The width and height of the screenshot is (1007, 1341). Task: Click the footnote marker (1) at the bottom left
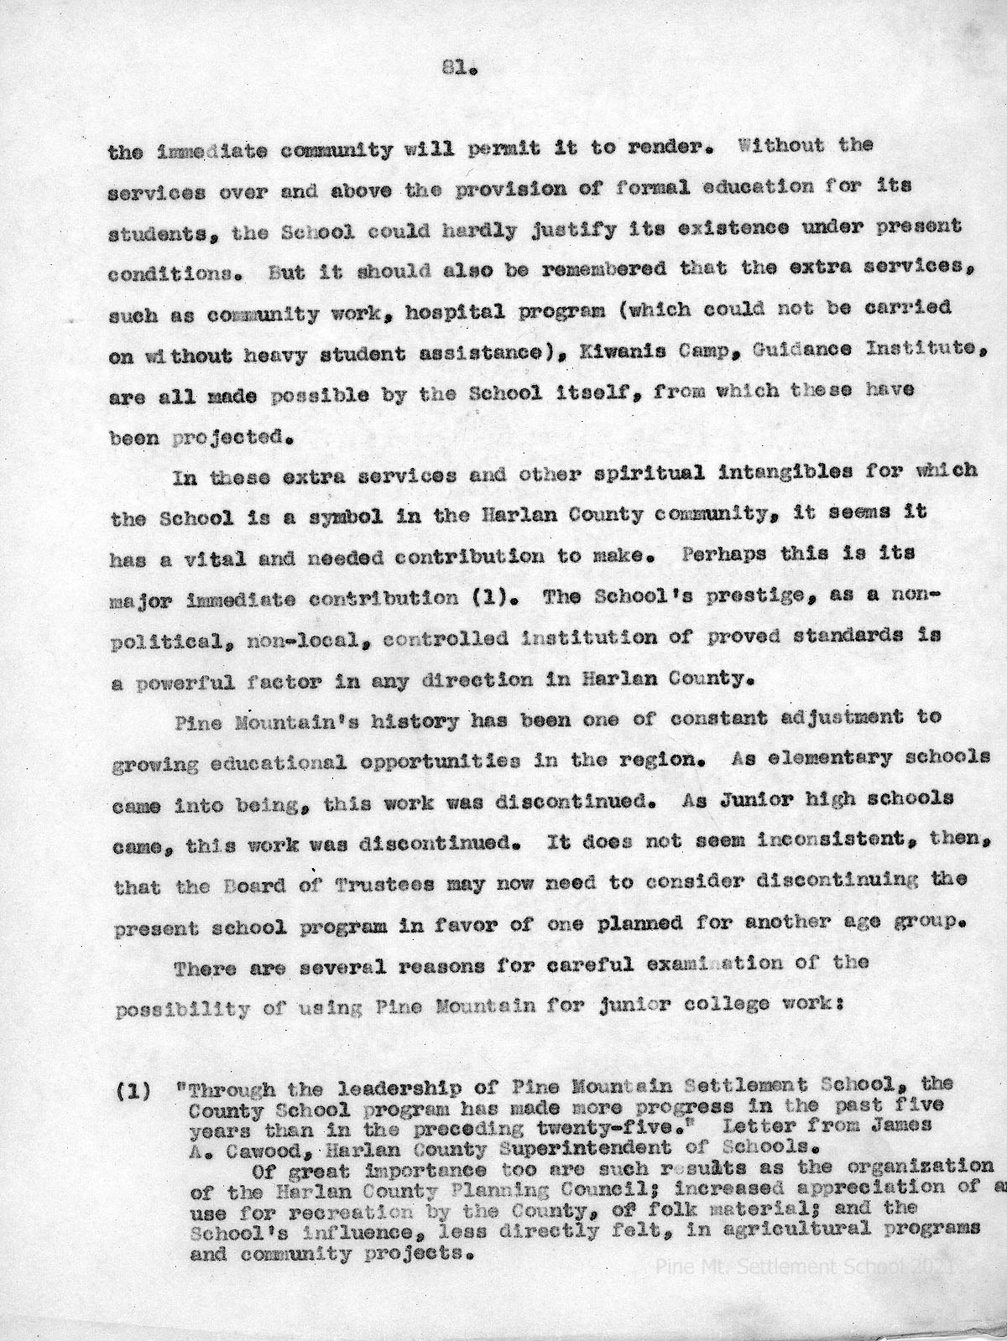click(134, 1091)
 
